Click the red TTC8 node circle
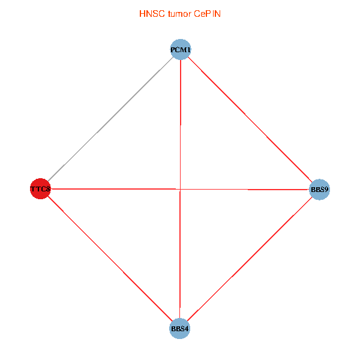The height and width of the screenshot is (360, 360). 40,189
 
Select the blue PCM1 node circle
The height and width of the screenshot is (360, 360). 181,49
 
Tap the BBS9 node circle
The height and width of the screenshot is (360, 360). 319,190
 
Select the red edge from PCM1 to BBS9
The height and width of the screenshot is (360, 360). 250,120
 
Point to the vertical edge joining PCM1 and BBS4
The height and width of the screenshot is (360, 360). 180,120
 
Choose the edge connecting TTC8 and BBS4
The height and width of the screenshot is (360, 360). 110,259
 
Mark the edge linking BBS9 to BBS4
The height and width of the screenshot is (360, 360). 250,260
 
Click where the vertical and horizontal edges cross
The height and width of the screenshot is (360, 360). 180,190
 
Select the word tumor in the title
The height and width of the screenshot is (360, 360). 178,13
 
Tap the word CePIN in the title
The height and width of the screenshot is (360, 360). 207,13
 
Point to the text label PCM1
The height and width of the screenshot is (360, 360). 181,49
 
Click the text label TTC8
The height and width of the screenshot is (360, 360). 41,190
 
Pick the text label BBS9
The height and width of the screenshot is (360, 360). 319,190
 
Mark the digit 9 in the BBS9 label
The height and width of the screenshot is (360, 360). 326,190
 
